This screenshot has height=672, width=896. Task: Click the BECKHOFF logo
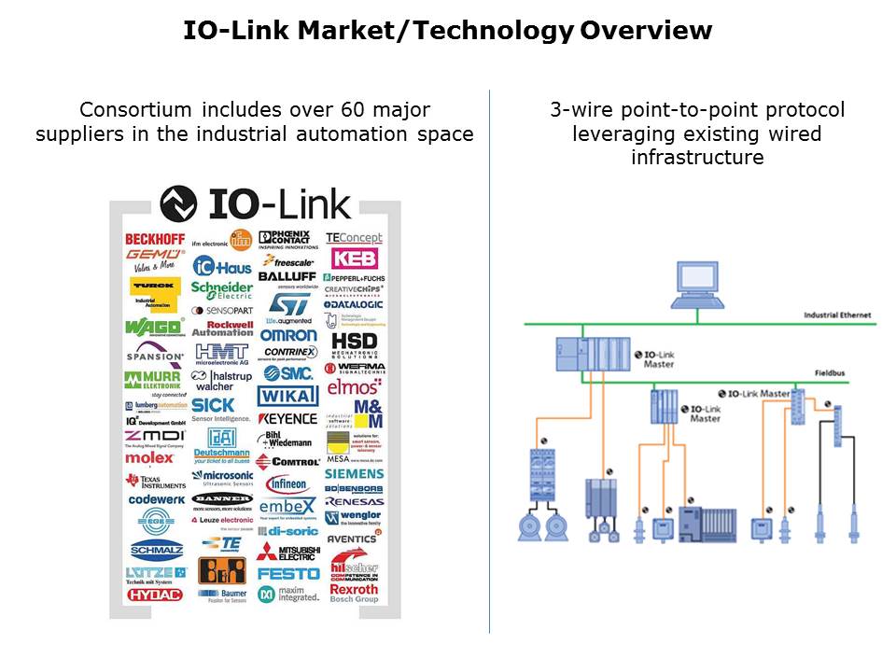[x=155, y=239]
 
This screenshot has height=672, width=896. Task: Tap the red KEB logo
[x=354, y=258]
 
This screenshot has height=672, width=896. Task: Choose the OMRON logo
[x=288, y=335]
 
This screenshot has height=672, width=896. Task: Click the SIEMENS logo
[x=354, y=473]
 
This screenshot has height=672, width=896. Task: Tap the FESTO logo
[x=288, y=573]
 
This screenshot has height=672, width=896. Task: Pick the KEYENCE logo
[x=288, y=419]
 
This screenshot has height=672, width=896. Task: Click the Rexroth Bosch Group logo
[x=354, y=593]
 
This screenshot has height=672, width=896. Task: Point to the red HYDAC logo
[x=155, y=595]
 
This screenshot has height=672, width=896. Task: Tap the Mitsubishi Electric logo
[x=288, y=552]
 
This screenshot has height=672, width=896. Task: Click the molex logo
[x=149, y=458]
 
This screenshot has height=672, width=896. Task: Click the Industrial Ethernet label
[x=837, y=315]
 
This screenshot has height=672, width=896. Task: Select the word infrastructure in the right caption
[x=697, y=157]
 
